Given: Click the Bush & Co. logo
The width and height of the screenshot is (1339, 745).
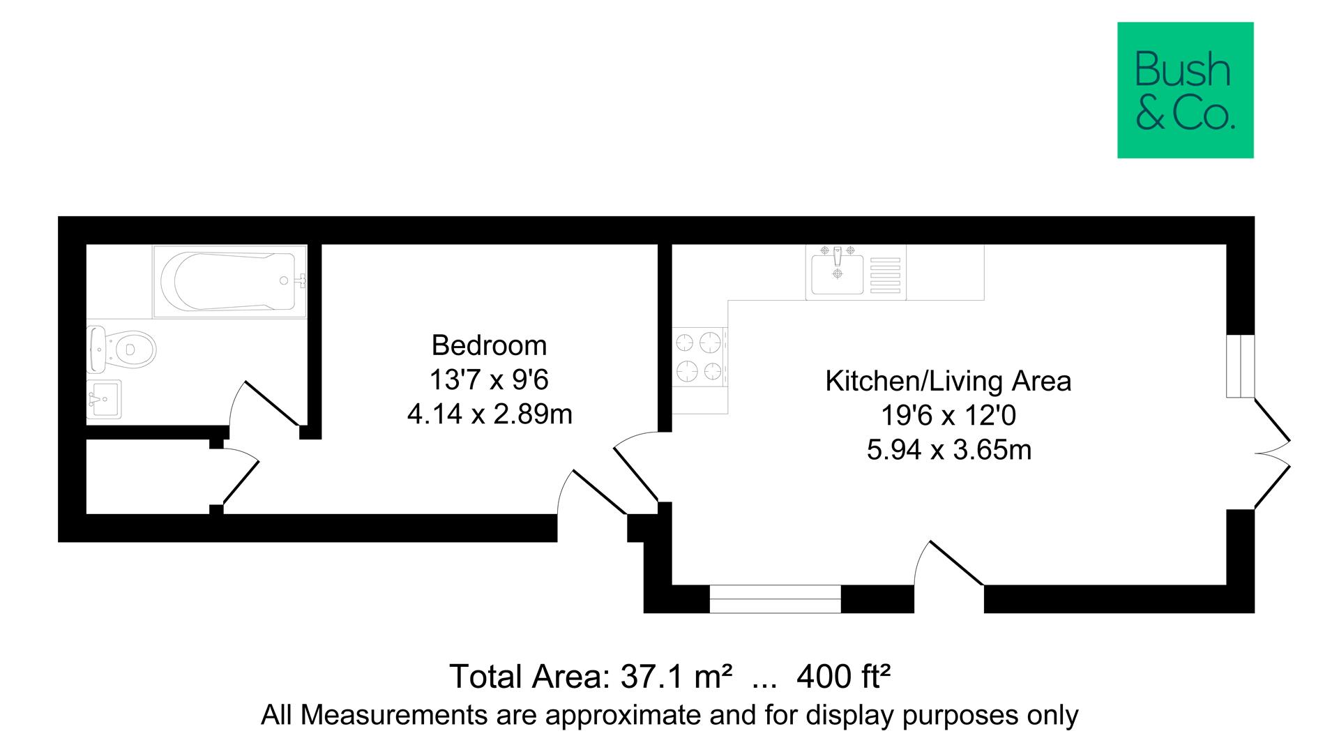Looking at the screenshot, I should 1185,90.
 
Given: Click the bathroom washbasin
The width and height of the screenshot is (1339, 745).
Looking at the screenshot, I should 103,399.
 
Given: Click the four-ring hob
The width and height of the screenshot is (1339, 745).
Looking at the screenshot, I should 699,357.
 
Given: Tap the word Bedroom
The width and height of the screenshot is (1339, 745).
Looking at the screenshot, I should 489,345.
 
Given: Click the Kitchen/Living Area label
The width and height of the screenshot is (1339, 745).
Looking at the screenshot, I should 948,381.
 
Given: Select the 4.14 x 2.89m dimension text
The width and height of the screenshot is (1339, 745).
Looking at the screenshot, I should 489,414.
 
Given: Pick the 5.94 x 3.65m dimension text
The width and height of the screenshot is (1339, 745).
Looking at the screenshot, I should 948,450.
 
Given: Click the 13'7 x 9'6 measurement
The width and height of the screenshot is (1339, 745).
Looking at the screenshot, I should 489,380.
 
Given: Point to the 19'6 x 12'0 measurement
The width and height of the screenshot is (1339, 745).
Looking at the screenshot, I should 948,416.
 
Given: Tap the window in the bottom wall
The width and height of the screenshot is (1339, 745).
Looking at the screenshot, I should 775,599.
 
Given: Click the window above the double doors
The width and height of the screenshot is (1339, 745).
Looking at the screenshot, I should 1241,366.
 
